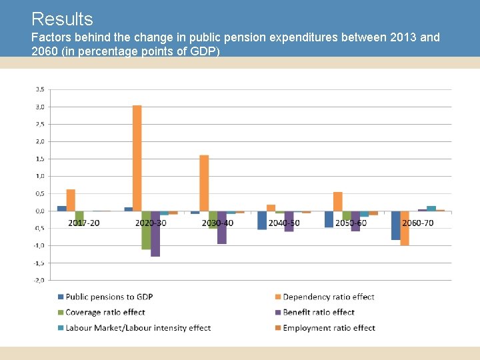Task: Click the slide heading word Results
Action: click(62, 19)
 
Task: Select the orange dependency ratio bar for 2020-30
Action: click(137, 158)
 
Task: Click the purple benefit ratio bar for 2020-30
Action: click(155, 233)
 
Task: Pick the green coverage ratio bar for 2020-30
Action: click(146, 230)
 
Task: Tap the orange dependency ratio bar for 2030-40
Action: click(204, 183)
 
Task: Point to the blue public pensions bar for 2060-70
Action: click(395, 225)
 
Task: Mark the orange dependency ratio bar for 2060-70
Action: click(405, 228)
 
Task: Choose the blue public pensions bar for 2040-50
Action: click(262, 220)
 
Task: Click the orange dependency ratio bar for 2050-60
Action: click(338, 201)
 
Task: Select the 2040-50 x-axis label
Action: click(284, 223)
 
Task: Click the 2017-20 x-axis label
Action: click(84, 223)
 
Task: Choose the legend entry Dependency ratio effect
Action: click(328, 297)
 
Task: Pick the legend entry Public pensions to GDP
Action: click(109, 297)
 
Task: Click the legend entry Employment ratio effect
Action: click(329, 328)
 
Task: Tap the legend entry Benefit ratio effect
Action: click(319, 312)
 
